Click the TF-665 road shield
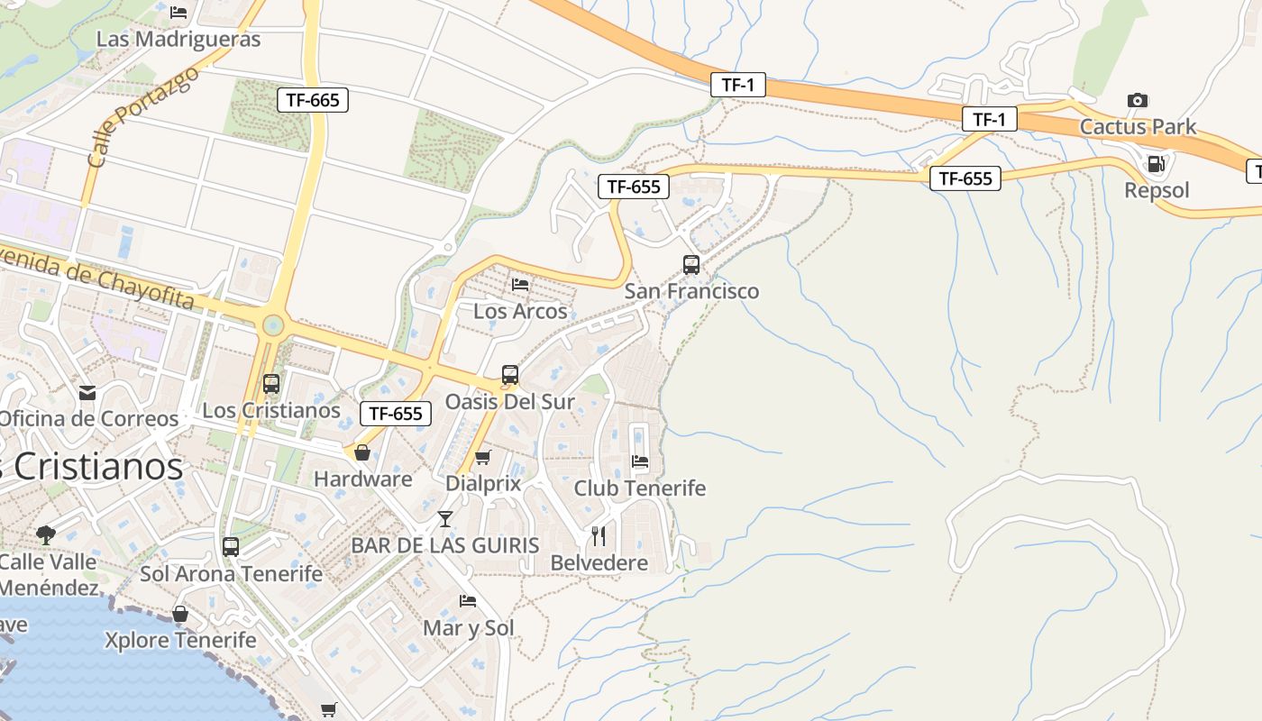tap(313, 100)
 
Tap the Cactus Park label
tap(1138, 126)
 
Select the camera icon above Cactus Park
tap(1138, 100)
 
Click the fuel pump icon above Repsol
tap(1156, 164)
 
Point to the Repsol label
tap(1157, 190)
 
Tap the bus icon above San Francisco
tap(691, 265)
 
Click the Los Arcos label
tap(520, 311)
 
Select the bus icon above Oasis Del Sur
tap(510, 375)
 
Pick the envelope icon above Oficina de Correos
tap(87, 393)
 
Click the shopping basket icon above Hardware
tap(362, 452)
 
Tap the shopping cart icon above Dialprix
tap(483, 458)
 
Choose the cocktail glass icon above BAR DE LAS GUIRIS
tap(445, 519)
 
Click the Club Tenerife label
tap(640, 488)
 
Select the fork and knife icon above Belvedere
tap(599, 536)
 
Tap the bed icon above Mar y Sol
tap(468, 601)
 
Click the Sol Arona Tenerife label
tap(231, 573)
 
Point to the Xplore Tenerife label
tap(180, 640)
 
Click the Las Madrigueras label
tap(178, 39)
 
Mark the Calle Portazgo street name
tap(144, 117)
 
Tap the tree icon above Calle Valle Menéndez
tap(46, 535)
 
